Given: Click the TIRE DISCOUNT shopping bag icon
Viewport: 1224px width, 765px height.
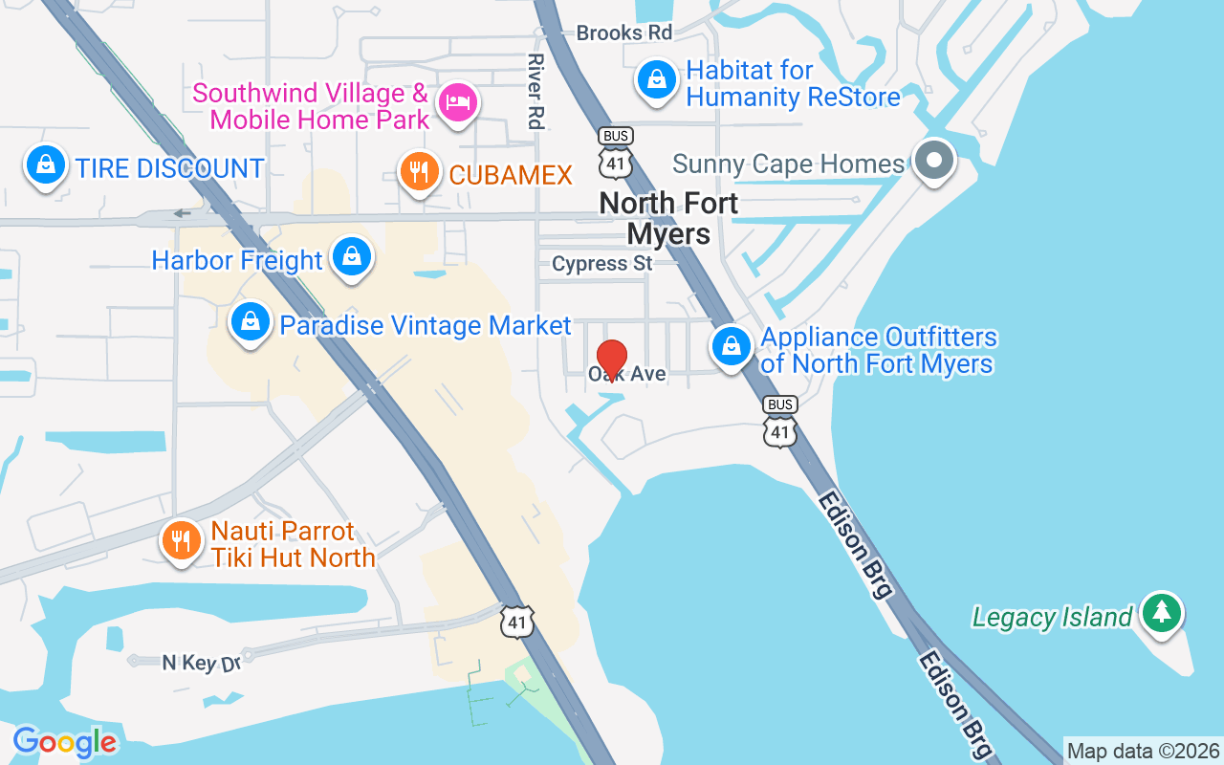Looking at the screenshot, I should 45,165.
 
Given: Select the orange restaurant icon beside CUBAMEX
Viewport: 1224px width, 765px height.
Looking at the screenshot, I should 418,172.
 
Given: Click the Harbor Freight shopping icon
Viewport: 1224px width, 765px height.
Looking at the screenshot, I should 352,256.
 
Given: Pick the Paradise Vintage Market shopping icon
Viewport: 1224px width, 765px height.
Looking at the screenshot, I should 250,322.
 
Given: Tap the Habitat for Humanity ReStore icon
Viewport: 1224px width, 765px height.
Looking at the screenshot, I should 657,79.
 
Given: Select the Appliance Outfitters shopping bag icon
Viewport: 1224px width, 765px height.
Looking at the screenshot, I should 732,346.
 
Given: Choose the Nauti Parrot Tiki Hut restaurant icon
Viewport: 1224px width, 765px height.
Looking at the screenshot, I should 181,540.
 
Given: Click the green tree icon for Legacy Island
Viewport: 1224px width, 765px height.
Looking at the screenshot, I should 1162,612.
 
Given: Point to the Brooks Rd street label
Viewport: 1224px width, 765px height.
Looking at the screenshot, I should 624,33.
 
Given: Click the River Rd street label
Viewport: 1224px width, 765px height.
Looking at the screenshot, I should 535,91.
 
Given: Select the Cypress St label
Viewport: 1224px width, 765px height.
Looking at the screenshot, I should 602,263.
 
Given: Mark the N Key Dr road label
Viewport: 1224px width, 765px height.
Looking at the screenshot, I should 201,662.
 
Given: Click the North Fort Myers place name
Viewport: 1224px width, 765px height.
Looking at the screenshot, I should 669,218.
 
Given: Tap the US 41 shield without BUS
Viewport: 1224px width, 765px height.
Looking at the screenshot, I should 517,622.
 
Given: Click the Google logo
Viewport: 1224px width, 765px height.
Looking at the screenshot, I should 65,742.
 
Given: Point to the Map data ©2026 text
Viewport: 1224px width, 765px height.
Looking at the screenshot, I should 1143,752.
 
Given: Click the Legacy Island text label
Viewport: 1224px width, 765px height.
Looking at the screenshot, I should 1052,617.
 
